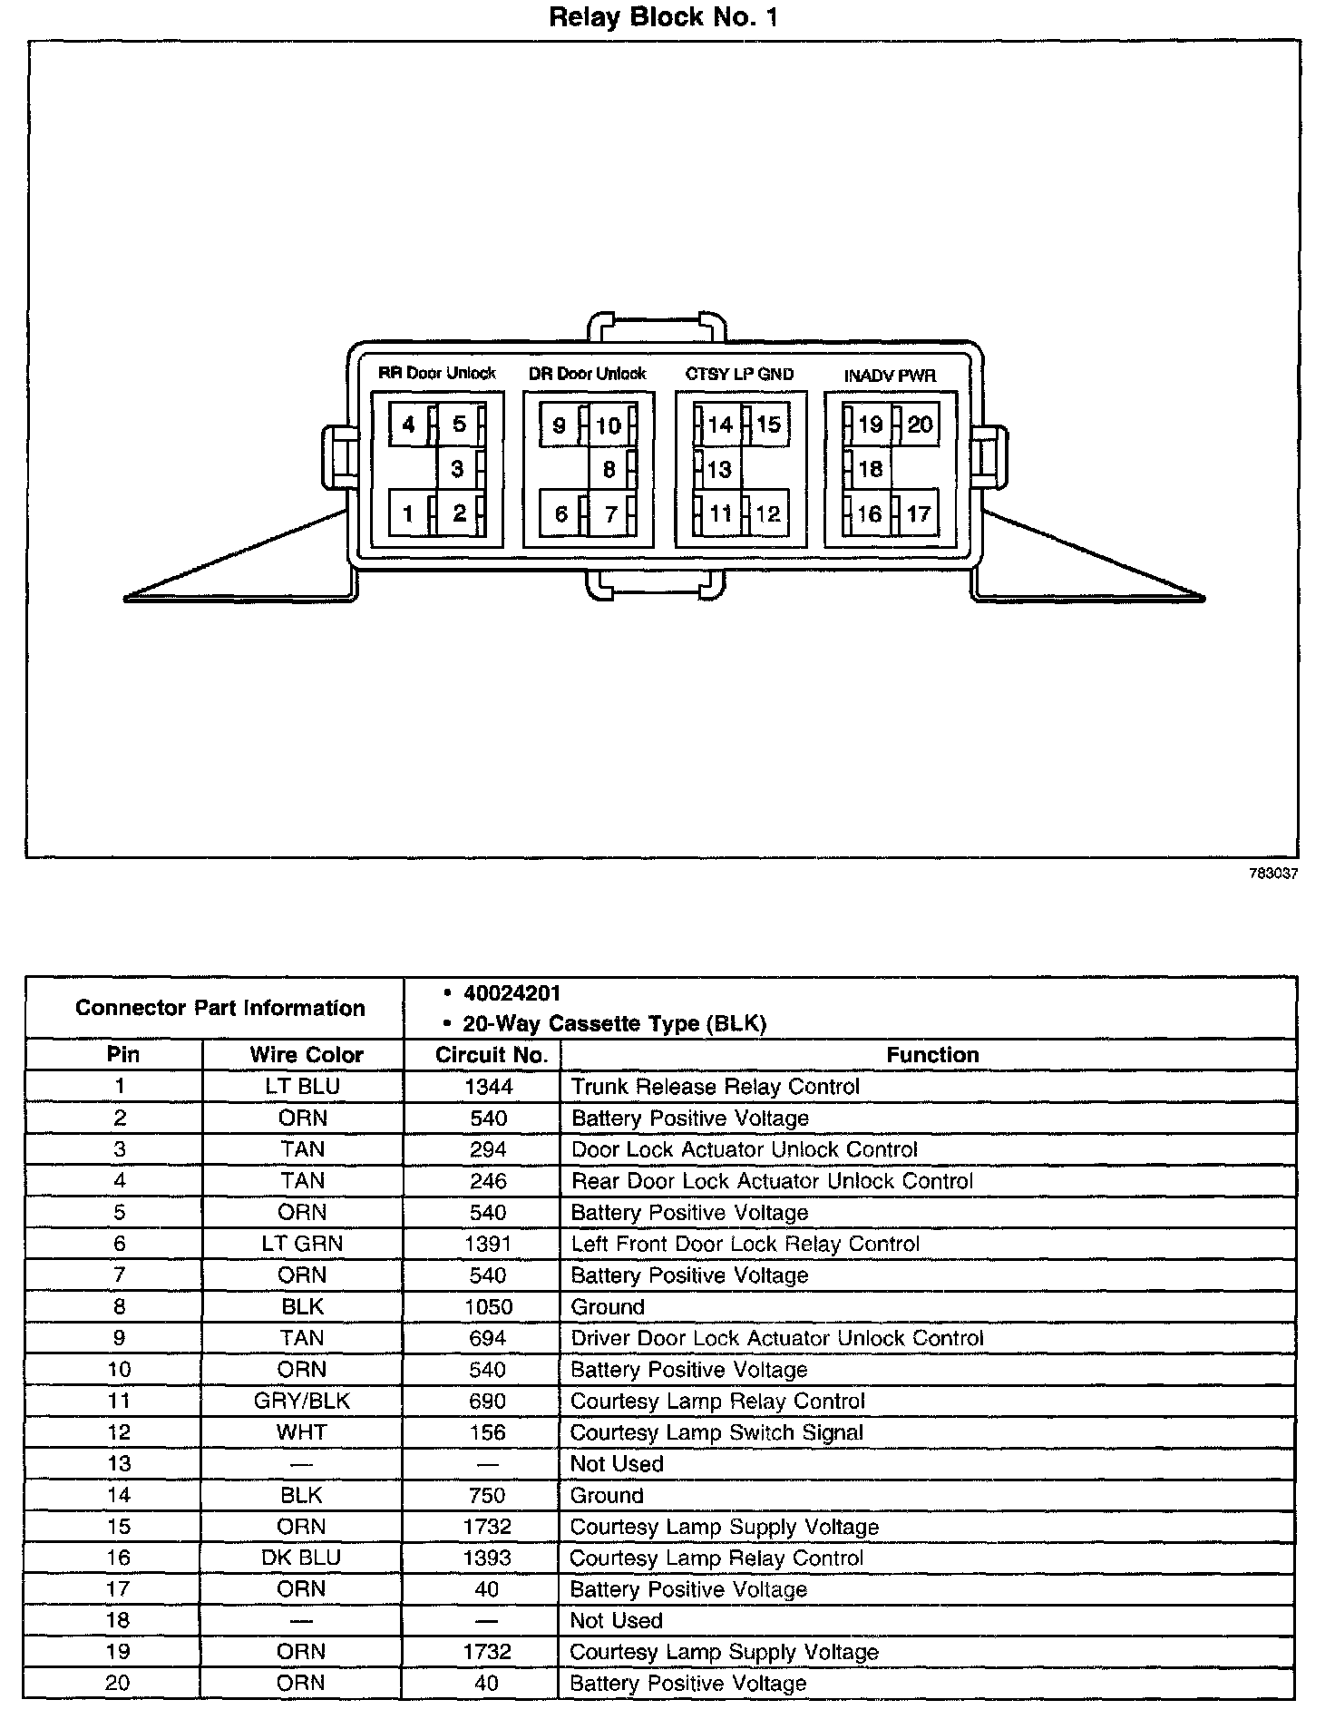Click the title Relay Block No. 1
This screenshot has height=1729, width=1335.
click(x=663, y=17)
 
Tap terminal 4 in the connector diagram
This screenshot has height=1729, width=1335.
click(x=408, y=424)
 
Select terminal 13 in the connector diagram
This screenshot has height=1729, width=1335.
click(x=719, y=469)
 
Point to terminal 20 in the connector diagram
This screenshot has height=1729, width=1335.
click(x=920, y=424)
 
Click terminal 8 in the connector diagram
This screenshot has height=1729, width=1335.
click(x=609, y=469)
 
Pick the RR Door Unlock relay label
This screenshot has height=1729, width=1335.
click(x=437, y=373)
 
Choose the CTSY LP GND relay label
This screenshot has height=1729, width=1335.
click(x=739, y=374)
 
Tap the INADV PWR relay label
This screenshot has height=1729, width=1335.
click(x=890, y=375)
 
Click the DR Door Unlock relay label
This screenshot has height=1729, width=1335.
click(x=588, y=373)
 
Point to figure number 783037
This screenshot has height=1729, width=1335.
click(x=1273, y=874)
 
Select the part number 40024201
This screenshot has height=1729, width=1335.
click(x=512, y=992)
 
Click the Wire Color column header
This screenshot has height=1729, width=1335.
click(x=307, y=1055)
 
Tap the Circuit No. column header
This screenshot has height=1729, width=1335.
click(x=492, y=1055)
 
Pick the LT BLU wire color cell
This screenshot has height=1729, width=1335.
click(x=303, y=1087)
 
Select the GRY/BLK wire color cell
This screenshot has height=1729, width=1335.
click(x=302, y=1401)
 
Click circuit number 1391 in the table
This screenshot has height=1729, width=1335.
click(x=488, y=1244)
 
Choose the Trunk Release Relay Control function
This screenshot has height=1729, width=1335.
click(x=716, y=1087)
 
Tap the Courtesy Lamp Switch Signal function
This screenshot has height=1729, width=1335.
click(x=716, y=1432)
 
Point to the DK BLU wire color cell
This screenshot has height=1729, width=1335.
click(x=301, y=1558)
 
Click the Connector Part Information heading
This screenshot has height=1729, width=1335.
click(x=220, y=1008)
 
